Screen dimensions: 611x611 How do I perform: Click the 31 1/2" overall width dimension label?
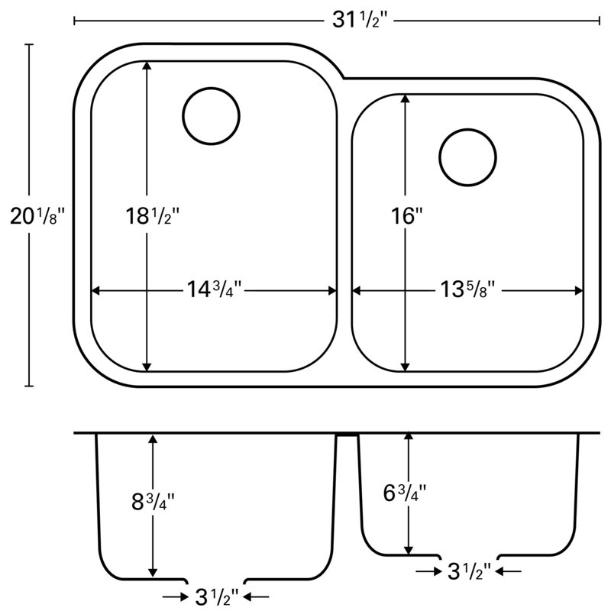tap(360, 20)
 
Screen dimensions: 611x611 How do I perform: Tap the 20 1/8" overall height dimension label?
tap(37, 216)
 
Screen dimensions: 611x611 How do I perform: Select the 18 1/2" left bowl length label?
tap(152, 216)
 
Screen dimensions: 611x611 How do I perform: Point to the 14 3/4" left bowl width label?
tap(215, 289)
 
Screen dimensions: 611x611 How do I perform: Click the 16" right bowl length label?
tap(407, 216)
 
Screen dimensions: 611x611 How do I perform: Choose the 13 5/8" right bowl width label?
tap(467, 289)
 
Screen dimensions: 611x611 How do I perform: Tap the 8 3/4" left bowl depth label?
tap(154, 502)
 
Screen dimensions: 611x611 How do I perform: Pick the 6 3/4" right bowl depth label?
tap(405, 493)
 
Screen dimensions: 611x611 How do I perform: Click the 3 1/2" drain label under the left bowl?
tap(217, 596)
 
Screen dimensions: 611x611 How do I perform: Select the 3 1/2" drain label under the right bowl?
tap(470, 571)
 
